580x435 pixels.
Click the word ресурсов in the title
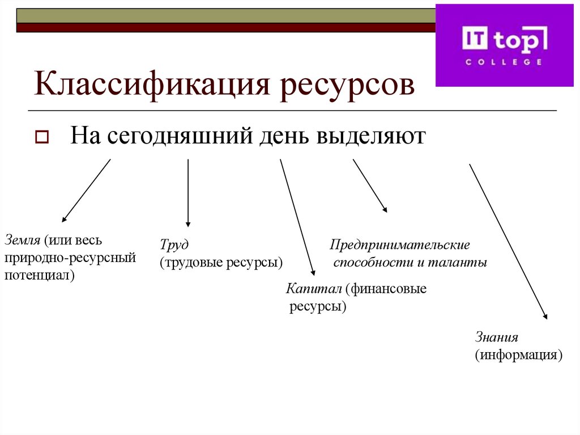tap(346, 85)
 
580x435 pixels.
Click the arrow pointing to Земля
tap(86, 191)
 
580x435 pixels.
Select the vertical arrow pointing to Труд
tap(188, 193)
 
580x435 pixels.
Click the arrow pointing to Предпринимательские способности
tap(370, 186)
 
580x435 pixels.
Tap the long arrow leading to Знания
tap(508, 242)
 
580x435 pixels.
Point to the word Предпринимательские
tap(400, 246)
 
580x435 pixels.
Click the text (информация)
tap(518, 356)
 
